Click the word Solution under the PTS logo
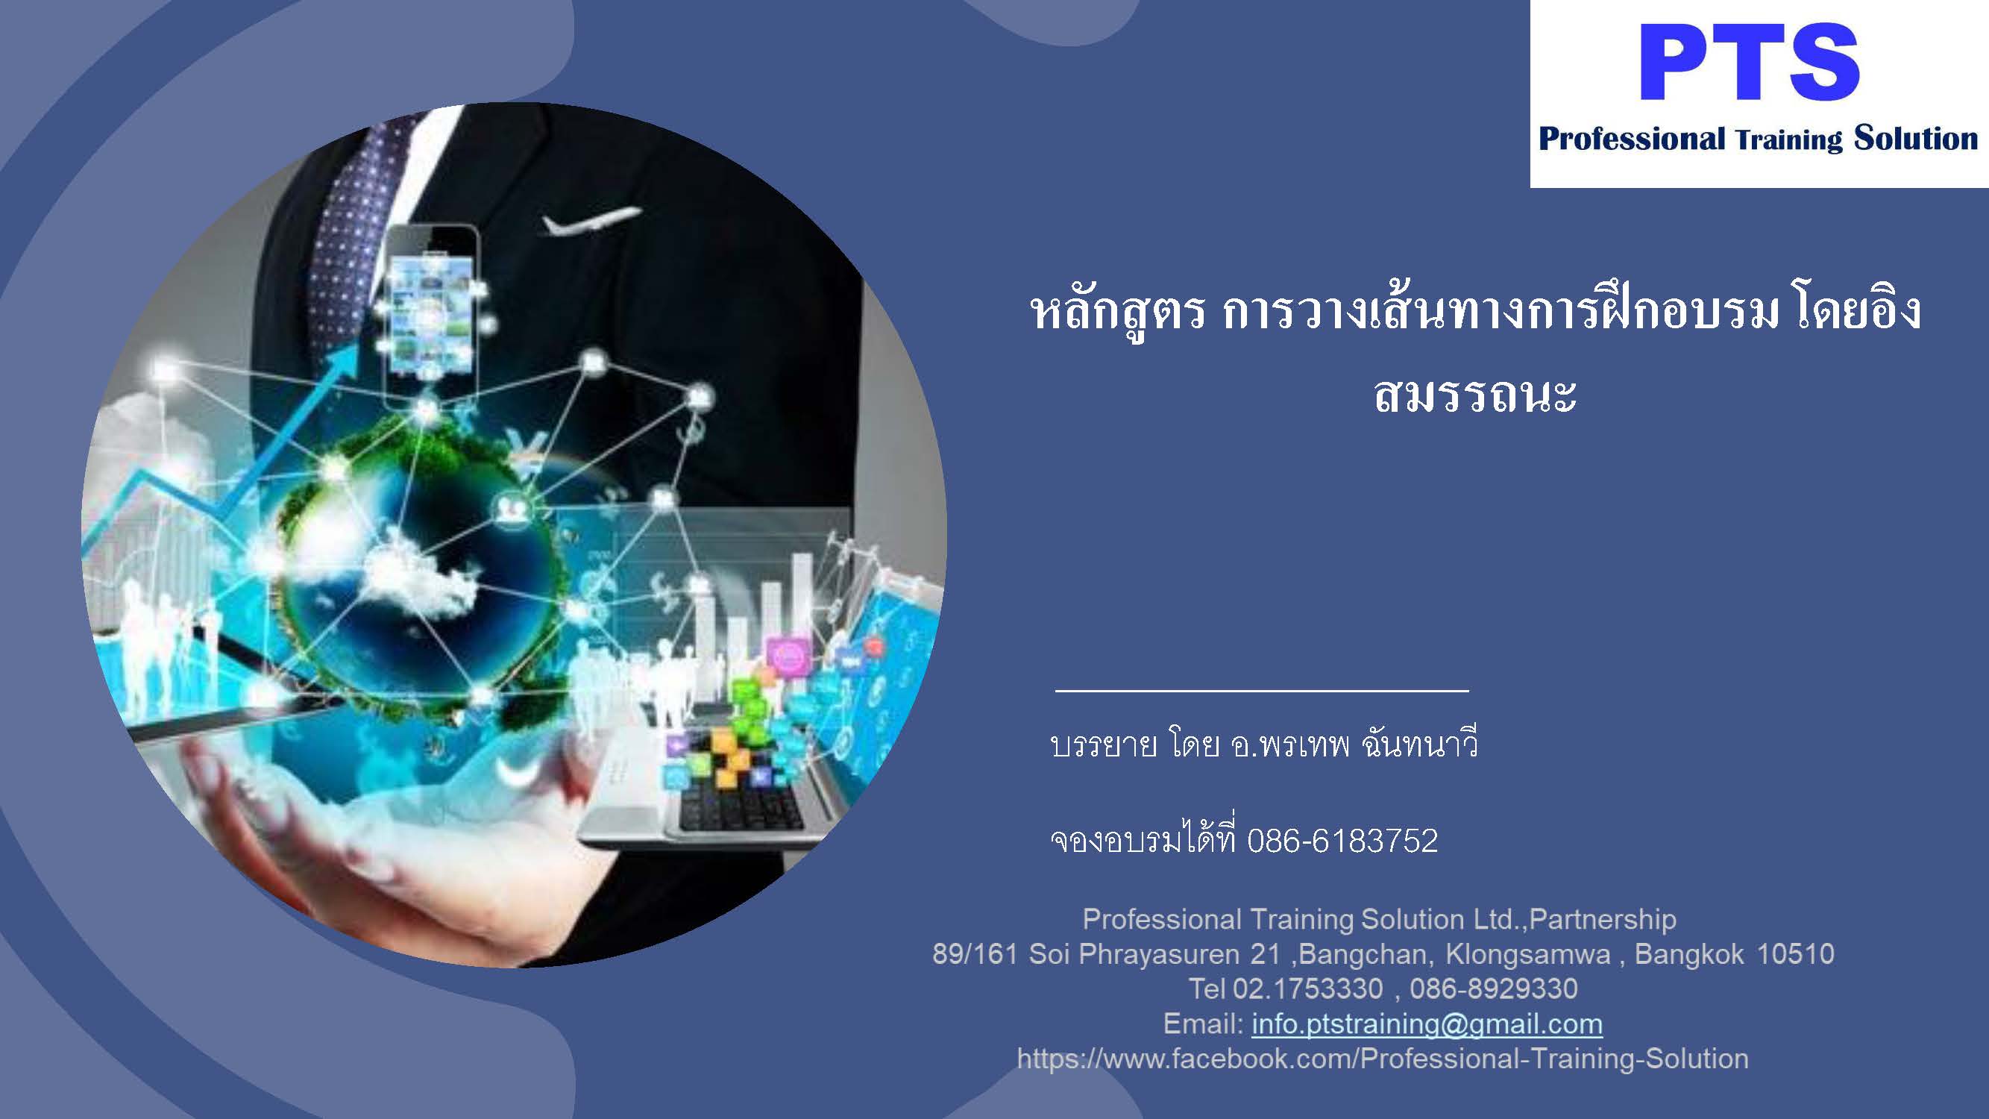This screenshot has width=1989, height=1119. (x=1916, y=139)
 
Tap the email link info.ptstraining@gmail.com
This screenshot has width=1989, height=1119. (x=1427, y=1024)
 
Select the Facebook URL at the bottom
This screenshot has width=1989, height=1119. (x=1382, y=1058)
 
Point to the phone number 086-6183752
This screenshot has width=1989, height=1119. (x=1342, y=840)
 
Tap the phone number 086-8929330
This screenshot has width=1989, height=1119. (x=1494, y=988)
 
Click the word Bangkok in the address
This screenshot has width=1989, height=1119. (x=1689, y=955)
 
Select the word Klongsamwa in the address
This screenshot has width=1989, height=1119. (x=1528, y=956)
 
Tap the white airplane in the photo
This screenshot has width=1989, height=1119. (x=590, y=221)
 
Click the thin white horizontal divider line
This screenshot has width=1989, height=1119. (x=1262, y=689)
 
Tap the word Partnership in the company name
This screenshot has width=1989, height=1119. (x=1603, y=919)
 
